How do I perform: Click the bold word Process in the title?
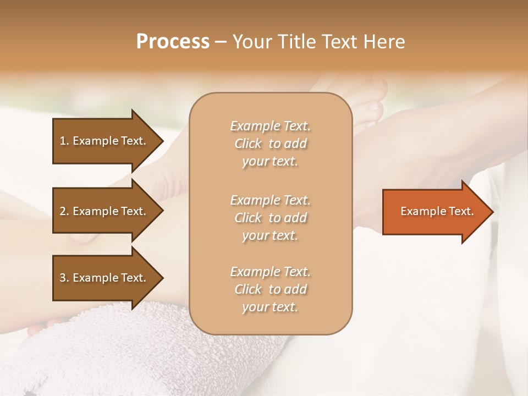173,42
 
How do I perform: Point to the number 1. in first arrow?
64,141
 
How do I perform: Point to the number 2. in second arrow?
64,211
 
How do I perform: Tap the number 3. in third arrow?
64,278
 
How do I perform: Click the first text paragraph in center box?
270,144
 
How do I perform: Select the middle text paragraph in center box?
270,218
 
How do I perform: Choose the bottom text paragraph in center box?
270,289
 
